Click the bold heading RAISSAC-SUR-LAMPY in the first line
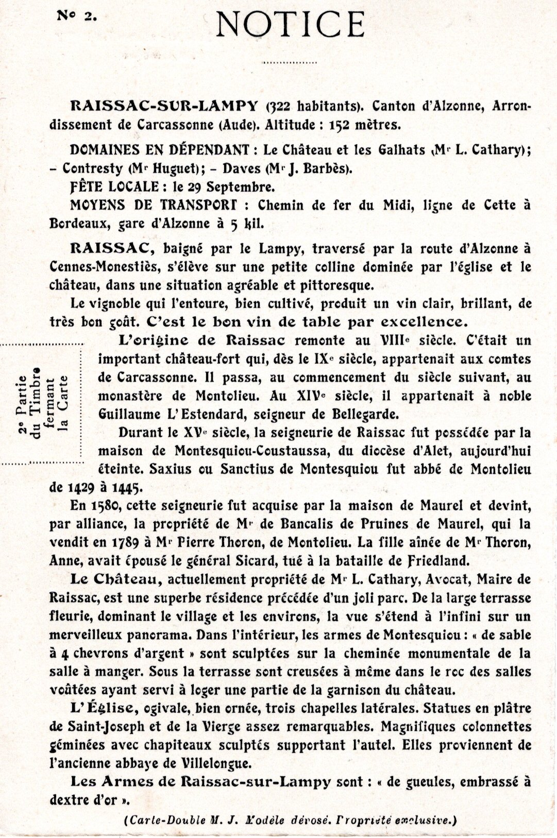tap(163, 106)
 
